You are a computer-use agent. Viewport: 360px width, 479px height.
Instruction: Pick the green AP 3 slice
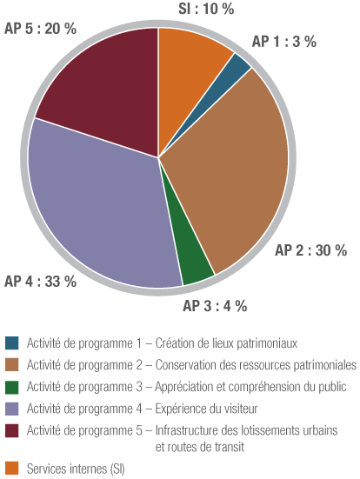coord(195,264)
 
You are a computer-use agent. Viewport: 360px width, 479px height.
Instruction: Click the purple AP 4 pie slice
coord(100,209)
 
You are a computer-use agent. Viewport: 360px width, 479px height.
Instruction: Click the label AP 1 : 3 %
coord(283,42)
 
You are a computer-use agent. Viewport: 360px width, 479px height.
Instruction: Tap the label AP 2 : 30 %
coord(311,250)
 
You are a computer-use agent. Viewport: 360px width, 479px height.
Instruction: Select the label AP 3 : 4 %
coord(215,305)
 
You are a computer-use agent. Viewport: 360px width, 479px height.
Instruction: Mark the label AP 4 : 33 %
coord(41,281)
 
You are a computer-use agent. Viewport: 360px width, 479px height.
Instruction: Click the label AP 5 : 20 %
coord(41,29)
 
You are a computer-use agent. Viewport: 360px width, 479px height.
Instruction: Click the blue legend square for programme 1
coord(11,343)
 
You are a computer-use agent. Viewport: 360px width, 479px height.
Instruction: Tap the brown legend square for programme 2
coord(11,364)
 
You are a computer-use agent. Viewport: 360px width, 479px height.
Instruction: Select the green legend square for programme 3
coord(11,386)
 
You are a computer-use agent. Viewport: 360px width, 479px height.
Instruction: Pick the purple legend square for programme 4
coord(11,408)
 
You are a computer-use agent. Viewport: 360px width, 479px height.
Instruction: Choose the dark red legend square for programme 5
coord(11,429)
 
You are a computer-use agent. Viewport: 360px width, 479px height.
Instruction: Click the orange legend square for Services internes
coord(11,469)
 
